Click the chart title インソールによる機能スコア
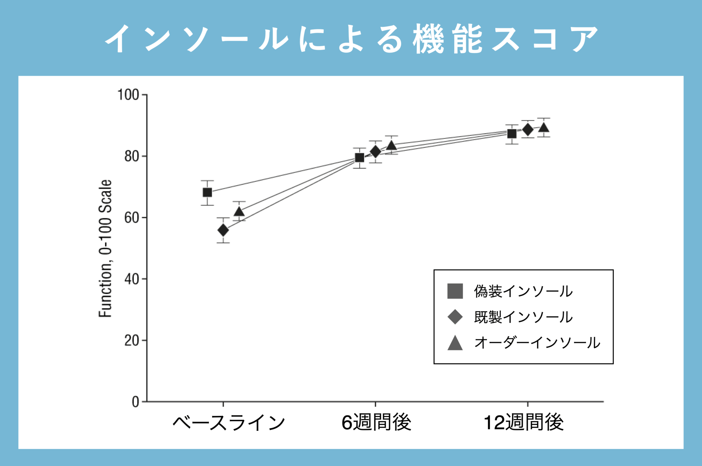point(351,38)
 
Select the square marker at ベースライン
point(207,193)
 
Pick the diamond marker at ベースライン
point(223,230)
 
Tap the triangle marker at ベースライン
point(239,211)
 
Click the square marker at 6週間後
point(360,158)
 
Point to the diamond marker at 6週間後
point(375,151)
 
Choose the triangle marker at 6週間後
point(391,146)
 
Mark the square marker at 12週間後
point(512,134)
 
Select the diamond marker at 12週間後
point(528,130)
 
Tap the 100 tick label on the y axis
point(128,95)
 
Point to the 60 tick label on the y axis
point(132,218)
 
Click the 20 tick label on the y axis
point(132,341)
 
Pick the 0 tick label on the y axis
point(135,402)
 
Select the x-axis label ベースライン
point(229,423)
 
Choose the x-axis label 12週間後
point(523,422)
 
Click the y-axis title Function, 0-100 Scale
point(105,248)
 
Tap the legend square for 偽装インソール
point(455,291)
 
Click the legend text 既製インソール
point(523,317)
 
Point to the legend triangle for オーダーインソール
point(455,343)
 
